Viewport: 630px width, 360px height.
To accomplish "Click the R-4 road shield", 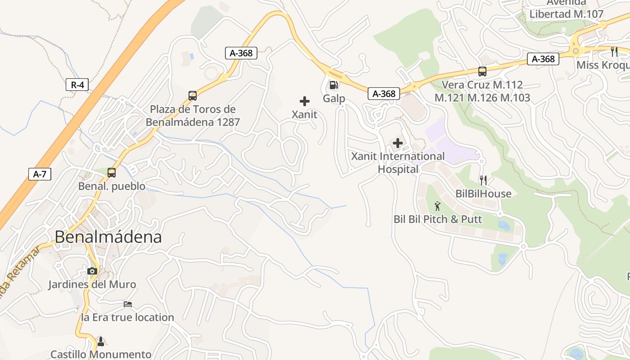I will [x=77, y=85].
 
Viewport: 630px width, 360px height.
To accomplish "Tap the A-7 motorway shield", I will [x=40, y=174].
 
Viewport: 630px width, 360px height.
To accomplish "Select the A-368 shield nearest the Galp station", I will [x=383, y=94].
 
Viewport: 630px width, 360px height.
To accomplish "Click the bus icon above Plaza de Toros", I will [x=193, y=95].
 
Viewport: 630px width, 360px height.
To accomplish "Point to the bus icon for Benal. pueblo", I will [x=111, y=173].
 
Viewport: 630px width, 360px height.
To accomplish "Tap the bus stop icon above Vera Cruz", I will [x=482, y=71].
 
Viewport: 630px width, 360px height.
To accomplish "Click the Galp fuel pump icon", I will [x=333, y=85].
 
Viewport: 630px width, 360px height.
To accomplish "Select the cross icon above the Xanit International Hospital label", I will [x=397, y=144].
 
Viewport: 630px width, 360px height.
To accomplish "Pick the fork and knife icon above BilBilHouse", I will [x=483, y=180].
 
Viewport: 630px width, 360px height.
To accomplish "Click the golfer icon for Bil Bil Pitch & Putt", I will [x=437, y=206].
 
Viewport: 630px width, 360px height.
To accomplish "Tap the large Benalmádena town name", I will [x=108, y=237].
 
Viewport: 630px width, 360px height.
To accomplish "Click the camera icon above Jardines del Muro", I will [x=92, y=271].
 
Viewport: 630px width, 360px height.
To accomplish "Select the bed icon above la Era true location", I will [x=128, y=304].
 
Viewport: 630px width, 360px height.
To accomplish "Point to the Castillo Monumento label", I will [x=101, y=354].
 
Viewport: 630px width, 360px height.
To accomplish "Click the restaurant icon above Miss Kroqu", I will [x=614, y=51].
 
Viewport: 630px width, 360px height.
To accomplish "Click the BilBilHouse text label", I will [x=483, y=193].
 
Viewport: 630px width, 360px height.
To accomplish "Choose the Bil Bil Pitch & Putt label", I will [x=437, y=219].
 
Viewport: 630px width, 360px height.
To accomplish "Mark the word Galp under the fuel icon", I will [x=334, y=99].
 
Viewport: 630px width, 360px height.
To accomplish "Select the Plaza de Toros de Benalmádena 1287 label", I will [x=193, y=116].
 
